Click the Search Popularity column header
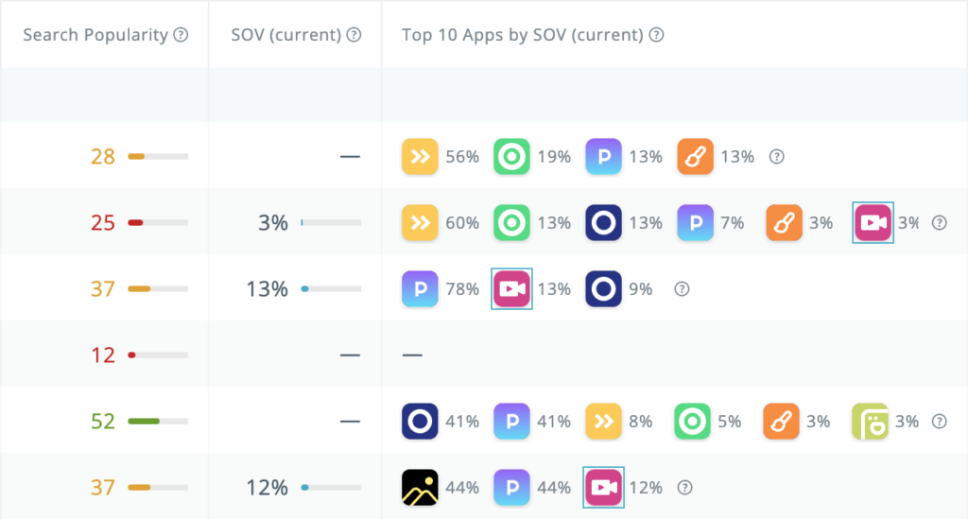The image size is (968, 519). (95, 35)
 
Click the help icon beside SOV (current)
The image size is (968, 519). (354, 35)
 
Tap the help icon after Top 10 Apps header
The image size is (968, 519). (656, 35)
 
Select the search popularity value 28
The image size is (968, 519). (103, 157)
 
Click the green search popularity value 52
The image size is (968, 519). (103, 422)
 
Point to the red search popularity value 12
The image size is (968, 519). (103, 355)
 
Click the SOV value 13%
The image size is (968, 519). (267, 289)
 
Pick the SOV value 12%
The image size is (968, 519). (267, 488)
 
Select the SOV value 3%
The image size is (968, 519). (273, 223)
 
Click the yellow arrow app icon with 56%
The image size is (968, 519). (420, 157)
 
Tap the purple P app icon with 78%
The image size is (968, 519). (420, 289)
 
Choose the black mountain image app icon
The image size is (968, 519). (420, 488)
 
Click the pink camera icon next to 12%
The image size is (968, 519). (603, 488)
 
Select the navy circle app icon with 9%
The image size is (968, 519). (603, 289)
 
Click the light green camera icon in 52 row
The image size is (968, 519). (870, 422)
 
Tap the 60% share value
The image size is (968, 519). (462, 223)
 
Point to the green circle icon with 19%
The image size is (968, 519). (511, 157)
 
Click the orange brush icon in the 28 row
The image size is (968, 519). (695, 157)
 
